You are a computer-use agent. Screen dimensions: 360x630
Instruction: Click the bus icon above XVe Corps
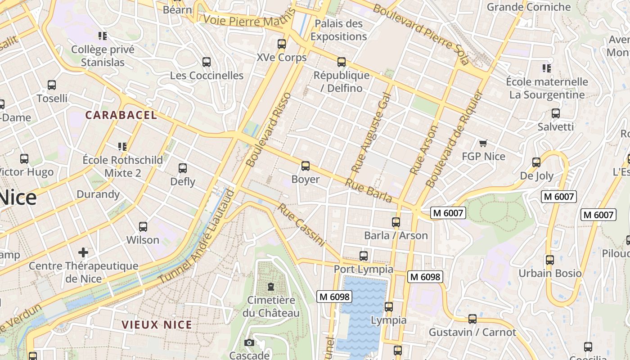pyautogui.click(x=282, y=44)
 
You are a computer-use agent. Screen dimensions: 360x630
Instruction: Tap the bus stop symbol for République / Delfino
pyautogui.click(x=342, y=62)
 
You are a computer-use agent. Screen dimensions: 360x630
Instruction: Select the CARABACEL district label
pyautogui.click(x=121, y=115)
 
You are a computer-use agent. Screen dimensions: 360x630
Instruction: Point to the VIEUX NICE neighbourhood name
pyautogui.click(x=157, y=324)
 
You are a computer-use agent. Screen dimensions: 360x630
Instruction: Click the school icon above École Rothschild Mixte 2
pyautogui.click(x=122, y=146)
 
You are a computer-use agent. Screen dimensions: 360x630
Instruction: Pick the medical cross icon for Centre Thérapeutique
pyautogui.click(x=83, y=252)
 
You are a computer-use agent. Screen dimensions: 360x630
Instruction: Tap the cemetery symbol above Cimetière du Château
pyautogui.click(x=271, y=287)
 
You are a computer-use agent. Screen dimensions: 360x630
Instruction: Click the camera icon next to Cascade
pyautogui.click(x=249, y=343)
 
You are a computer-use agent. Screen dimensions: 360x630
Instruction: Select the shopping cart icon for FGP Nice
pyautogui.click(x=483, y=143)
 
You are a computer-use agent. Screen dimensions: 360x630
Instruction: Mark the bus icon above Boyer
pyautogui.click(x=306, y=166)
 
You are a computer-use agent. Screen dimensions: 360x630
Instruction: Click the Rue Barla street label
pyautogui.click(x=368, y=191)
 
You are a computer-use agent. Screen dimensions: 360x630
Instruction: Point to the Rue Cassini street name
pyautogui.click(x=301, y=225)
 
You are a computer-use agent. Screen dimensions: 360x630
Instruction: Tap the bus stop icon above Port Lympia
pyautogui.click(x=364, y=256)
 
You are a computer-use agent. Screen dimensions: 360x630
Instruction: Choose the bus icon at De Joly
pyautogui.click(x=536, y=162)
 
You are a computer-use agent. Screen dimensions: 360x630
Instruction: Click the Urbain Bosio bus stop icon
pyautogui.click(x=549, y=260)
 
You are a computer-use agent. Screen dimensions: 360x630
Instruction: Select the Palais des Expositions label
pyautogui.click(x=338, y=30)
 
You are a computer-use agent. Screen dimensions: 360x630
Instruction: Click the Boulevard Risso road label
pyautogui.click(x=269, y=130)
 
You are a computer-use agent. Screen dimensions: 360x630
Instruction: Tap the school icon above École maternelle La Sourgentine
pyautogui.click(x=547, y=68)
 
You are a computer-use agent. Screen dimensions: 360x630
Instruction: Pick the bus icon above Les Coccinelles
pyautogui.click(x=207, y=62)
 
